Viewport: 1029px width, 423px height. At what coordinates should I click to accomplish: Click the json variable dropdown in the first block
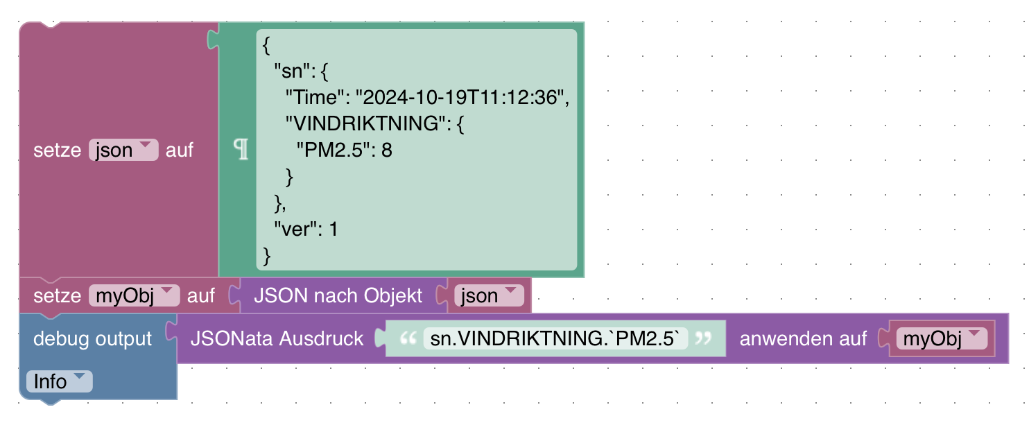[x=123, y=150]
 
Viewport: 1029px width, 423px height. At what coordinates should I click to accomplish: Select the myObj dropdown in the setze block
[x=134, y=296]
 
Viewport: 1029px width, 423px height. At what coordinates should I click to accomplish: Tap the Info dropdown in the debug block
[x=58, y=381]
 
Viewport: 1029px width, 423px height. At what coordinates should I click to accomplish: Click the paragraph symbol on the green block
[x=241, y=150]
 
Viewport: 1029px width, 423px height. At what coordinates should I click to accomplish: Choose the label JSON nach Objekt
[x=338, y=296]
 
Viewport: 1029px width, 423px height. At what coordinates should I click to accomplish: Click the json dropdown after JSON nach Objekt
[x=489, y=296]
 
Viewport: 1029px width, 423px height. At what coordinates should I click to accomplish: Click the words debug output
[x=92, y=339]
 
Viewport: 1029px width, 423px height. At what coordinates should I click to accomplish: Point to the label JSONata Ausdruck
[x=277, y=339]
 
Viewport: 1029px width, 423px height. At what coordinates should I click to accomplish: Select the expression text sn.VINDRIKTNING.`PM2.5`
[x=555, y=339]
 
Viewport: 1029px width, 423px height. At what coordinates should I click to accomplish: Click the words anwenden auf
[x=803, y=339]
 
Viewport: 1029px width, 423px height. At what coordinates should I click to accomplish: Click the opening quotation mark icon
[x=409, y=339]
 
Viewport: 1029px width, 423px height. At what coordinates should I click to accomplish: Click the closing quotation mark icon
[x=703, y=339]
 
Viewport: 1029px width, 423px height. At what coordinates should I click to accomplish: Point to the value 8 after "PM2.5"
[x=387, y=150]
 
